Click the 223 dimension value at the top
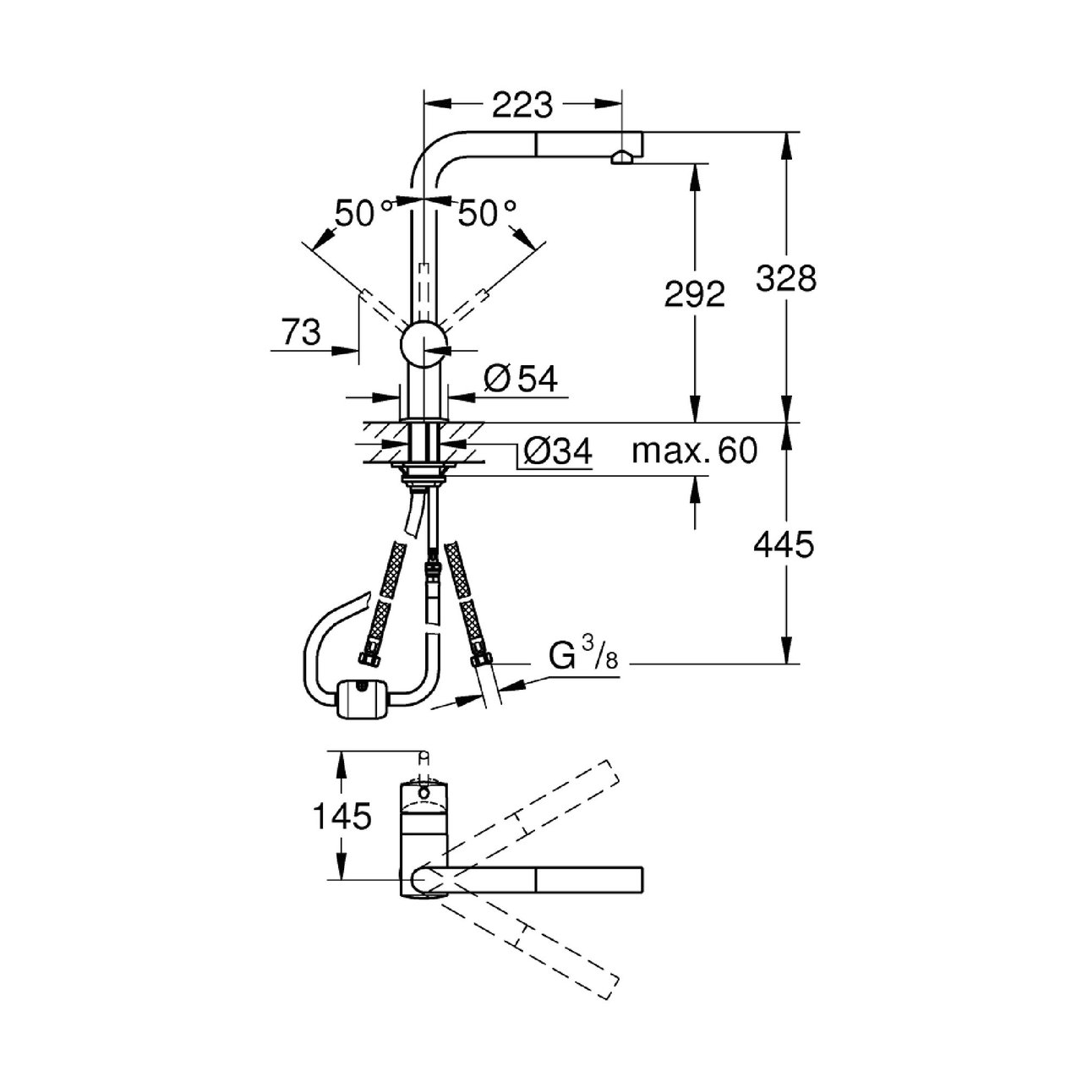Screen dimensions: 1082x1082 [x=522, y=105]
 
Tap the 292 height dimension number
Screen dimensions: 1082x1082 [x=695, y=294]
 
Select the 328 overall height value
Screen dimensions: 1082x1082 [x=785, y=278]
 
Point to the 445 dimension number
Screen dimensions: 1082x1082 [x=784, y=544]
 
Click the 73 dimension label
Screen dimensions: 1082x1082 [x=302, y=332]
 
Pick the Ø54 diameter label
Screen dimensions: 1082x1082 [x=521, y=379]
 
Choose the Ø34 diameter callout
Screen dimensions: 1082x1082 [x=557, y=451]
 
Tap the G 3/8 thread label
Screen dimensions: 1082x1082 [x=582, y=658]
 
